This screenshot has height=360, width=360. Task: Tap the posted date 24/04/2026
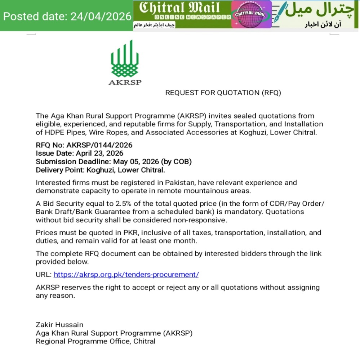(x=67, y=16)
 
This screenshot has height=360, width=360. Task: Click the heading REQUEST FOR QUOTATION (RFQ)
(x=223, y=93)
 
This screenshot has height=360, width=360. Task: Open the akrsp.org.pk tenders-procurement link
(x=126, y=274)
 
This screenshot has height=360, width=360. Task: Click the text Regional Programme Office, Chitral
(x=95, y=341)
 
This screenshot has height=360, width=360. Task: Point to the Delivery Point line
(x=100, y=170)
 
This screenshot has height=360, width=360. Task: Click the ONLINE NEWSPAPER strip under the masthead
(x=193, y=17)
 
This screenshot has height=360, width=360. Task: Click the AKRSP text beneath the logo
(x=125, y=82)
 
